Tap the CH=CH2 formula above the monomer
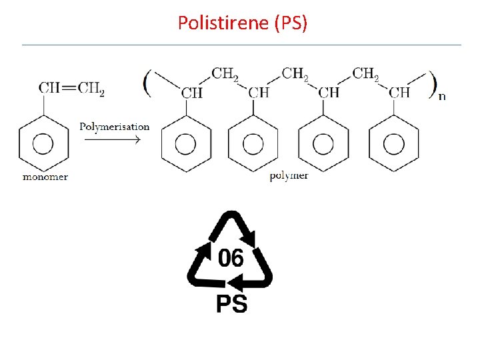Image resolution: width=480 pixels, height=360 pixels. coord(71,88)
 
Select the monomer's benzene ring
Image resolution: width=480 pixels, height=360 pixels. coord(43,143)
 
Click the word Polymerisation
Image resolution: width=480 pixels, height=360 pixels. coord(115,127)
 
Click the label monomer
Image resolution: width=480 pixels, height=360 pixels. coord(45,177)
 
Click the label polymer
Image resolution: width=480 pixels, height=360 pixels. coord(289,176)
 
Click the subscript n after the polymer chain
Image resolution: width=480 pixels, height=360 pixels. coord(441,97)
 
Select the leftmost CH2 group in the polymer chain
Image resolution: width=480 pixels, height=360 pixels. coord(225,73)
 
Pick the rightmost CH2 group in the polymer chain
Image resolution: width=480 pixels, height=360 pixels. coord(365,73)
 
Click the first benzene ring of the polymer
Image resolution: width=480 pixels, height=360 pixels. coord(186,143)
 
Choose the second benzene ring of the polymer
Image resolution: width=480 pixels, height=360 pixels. coord(253,143)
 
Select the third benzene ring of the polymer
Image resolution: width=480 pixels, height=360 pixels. coord(323,143)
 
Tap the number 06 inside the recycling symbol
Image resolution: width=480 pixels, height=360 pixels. coord(231,257)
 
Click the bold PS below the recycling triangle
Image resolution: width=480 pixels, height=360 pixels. coord(231,304)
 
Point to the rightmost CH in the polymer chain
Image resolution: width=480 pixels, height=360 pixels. coord(399,93)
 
